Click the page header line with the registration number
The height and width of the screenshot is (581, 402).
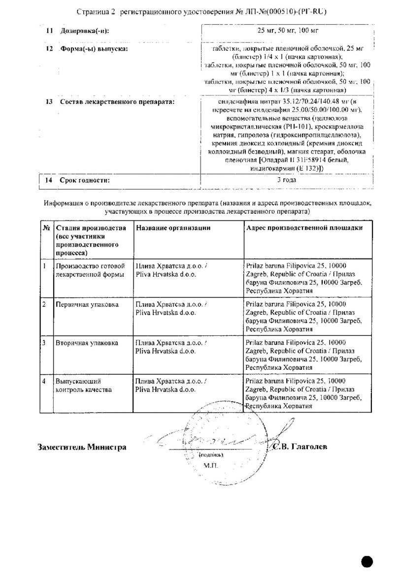202,11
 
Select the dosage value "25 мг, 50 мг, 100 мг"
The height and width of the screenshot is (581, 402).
288,31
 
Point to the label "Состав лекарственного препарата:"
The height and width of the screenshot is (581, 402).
117,102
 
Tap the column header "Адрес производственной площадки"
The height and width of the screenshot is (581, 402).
304,227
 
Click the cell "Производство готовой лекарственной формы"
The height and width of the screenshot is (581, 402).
88,270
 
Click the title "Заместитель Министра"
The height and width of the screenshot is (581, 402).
82,447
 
